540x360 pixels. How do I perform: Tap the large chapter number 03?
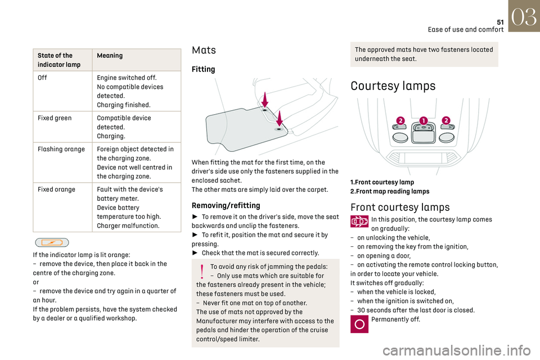523,16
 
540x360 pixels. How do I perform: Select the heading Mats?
204,50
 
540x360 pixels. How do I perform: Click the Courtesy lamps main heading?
393,86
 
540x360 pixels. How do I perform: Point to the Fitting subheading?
204,69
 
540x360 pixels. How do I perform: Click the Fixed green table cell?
55,118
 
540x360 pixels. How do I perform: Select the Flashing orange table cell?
61,149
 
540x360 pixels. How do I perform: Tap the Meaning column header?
110,56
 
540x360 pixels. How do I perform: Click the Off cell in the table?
43,78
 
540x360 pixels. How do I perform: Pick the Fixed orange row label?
56,190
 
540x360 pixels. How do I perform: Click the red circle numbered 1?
423,120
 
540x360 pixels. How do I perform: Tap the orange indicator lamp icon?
52,242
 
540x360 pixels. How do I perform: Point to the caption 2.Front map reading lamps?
389,191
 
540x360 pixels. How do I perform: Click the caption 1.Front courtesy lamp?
382,182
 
